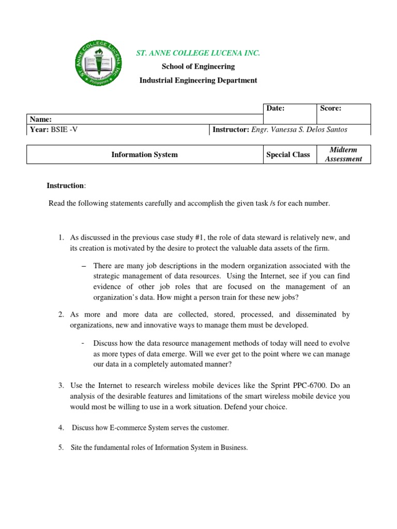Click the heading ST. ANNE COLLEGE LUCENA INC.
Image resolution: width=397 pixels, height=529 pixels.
pyautogui.click(x=198, y=53)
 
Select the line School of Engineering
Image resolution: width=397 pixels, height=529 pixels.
pyautogui.click(x=198, y=67)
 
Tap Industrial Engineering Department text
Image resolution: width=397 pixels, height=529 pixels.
pyautogui.click(x=198, y=80)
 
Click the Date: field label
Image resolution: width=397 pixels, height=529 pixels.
pyautogui.click(x=276, y=108)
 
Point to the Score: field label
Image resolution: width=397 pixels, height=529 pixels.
pyautogui.click(x=331, y=108)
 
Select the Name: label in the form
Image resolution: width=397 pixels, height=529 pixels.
pyautogui.click(x=41, y=119)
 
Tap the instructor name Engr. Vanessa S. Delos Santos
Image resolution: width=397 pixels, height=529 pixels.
pyautogui.click(x=299, y=130)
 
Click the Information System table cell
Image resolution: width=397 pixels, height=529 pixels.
pyautogui.click(x=144, y=154)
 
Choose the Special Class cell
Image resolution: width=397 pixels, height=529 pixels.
pyautogui.click(x=288, y=154)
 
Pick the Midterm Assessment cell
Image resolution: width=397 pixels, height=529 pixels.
pyautogui.click(x=343, y=154)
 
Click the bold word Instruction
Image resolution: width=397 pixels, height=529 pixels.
pyautogui.click(x=65, y=185)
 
